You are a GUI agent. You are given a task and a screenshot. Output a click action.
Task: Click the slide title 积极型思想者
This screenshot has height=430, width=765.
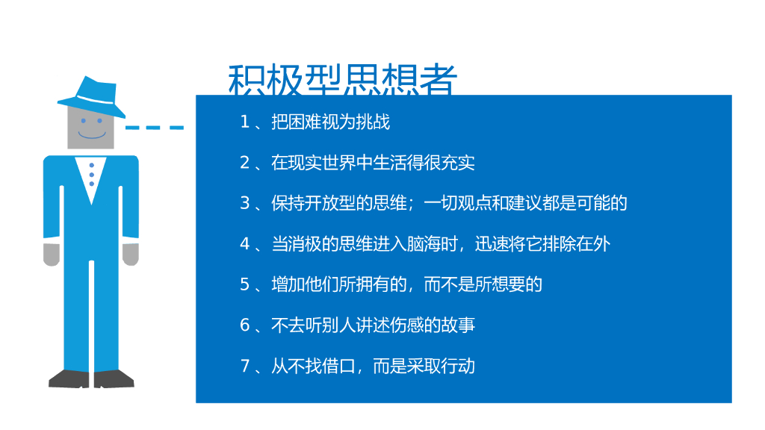tap(341, 81)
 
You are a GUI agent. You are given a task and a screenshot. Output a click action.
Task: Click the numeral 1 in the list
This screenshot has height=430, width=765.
tap(244, 122)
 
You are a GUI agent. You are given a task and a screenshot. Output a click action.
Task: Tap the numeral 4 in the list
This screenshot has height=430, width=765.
tap(244, 243)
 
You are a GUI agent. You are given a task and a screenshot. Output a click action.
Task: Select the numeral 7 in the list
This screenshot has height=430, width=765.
tap(244, 366)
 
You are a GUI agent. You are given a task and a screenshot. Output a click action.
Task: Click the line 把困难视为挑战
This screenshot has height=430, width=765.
tap(330, 122)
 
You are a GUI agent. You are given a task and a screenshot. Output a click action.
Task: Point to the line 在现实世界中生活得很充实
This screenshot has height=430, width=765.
tap(373, 163)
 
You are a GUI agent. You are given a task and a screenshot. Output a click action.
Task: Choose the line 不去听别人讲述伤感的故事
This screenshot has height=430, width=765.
tap(373, 325)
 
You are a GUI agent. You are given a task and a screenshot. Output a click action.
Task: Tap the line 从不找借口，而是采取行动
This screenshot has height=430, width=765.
tap(373, 366)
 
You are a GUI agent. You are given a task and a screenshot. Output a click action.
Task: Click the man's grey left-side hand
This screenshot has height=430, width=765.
tap(51, 254)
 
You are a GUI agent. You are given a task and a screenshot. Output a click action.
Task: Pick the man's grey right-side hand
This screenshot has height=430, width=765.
tap(131, 254)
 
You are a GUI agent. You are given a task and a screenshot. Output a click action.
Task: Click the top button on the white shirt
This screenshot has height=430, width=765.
tap(91, 165)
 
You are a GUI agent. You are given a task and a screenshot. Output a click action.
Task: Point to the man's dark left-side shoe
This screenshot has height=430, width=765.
tap(69, 378)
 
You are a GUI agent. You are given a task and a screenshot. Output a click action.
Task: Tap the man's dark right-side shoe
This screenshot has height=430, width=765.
tap(114, 378)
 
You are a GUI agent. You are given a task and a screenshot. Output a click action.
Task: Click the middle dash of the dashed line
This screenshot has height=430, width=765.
tap(155, 128)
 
